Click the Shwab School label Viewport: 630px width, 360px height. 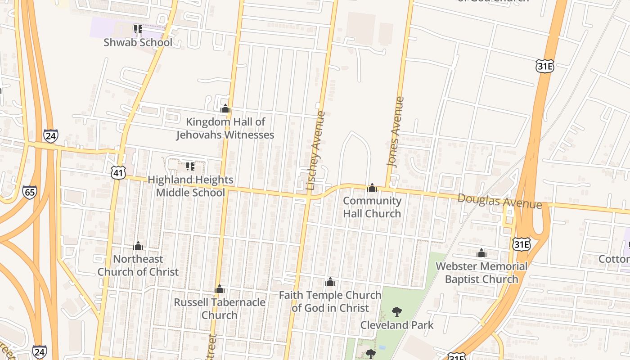[x=138, y=42]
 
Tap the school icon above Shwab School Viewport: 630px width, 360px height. [x=138, y=29]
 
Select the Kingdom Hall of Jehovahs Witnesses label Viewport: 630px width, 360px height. [x=225, y=128]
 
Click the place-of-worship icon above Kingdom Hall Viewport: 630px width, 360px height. [x=225, y=108]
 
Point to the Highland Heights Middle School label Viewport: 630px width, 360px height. [x=190, y=186]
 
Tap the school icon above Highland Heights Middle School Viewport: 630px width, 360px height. [x=190, y=166]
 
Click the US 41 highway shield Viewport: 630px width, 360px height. [x=118, y=172]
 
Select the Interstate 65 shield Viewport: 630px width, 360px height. [x=30, y=192]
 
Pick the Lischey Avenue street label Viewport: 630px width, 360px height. [x=315, y=150]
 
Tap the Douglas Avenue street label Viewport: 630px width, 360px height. [x=499, y=201]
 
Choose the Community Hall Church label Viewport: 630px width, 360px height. [x=372, y=207]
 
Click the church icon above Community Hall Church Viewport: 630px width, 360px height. [x=372, y=188]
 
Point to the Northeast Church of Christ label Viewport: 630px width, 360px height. [x=138, y=265]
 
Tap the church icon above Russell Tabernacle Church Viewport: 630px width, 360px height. [x=220, y=289]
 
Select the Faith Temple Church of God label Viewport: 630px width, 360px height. [x=330, y=301]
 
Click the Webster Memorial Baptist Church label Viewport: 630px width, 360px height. [x=481, y=273]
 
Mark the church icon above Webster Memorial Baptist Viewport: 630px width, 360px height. [x=481, y=253]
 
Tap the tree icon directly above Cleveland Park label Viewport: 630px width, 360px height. [x=396, y=311]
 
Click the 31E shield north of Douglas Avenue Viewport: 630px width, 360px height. [x=544, y=67]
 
